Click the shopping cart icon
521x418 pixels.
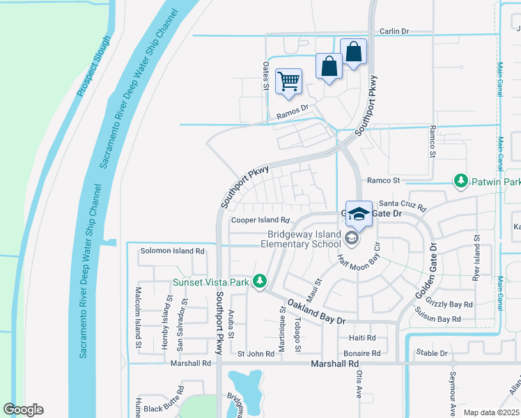tap(288, 81)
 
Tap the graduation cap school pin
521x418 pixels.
tap(359, 214)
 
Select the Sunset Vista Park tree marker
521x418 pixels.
tap(260, 281)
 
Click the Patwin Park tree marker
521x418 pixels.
tap(460, 181)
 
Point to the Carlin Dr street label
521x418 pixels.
tap(394, 31)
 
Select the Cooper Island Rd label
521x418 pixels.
tap(260, 220)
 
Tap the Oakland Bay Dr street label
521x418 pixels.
tap(316, 311)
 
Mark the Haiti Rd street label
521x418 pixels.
tap(361, 338)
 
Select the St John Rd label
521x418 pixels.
tap(256, 354)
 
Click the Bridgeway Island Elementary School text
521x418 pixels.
tap(301, 240)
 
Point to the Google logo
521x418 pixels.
tap(23, 410)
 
